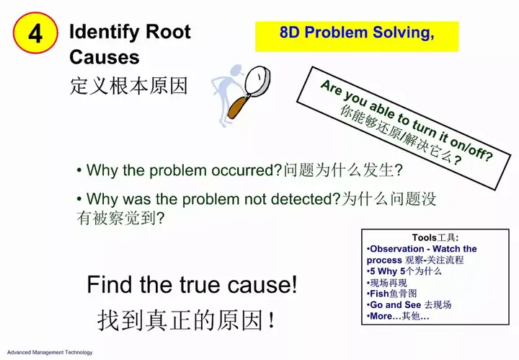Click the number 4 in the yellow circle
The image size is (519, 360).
pos(35,33)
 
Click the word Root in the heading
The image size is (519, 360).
pos(168,32)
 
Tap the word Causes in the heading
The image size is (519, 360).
pos(105,57)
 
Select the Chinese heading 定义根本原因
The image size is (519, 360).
pos(129,86)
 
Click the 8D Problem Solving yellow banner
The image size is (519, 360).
pos(357,36)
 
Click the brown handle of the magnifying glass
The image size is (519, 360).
pos(238,106)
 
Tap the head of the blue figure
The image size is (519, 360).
pos(236,71)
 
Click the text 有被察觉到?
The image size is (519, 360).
pos(120,218)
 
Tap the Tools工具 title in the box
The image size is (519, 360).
pos(435,237)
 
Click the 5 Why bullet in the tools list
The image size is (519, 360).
pos(404,271)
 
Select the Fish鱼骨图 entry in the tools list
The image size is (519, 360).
pos(391,294)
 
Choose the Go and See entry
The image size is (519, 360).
pos(409,304)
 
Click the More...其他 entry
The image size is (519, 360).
pos(398,316)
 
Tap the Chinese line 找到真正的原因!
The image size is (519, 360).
pos(187,320)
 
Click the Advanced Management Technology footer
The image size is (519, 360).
pos(50,352)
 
